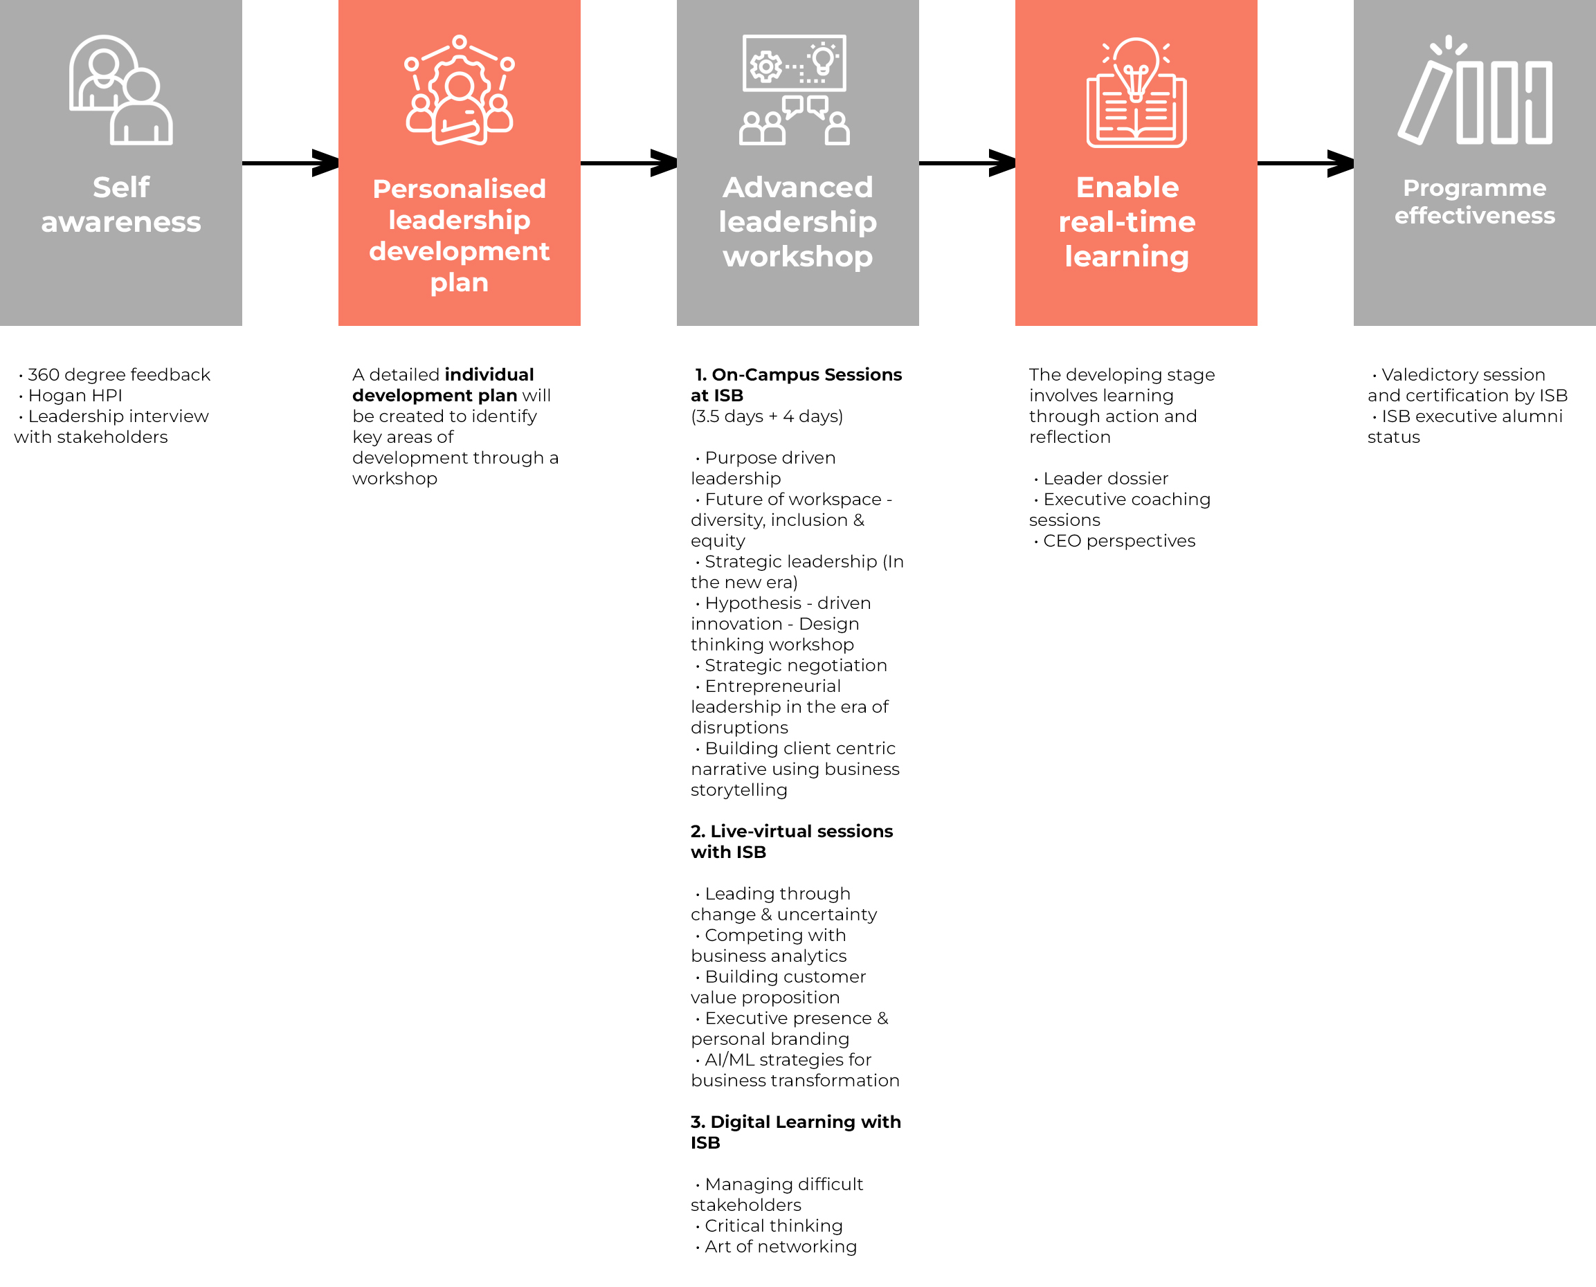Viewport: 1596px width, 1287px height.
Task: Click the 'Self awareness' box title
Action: pyautogui.click(x=121, y=204)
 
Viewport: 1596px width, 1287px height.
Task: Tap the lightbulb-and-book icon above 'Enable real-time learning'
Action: pyautogui.click(x=1136, y=92)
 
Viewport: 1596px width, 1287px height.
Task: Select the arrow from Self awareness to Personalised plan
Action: pyautogui.click(x=291, y=163)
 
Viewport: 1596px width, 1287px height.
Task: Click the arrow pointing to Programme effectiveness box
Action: pyautogui.click(x=1305, y=163)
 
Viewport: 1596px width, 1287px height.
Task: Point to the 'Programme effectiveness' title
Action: pyautogui.click(x=1474, y=201)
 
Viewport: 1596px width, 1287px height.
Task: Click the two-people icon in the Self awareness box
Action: pyautogui.click(x=121, y=90)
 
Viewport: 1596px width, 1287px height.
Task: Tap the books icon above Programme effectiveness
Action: pyautogui.click(x=1474, y=90)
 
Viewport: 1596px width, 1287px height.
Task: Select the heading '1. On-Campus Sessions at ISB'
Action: pyautogui.click(x=797, y=385)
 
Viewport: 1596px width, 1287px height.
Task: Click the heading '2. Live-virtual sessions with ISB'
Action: pyautogui.click(x=792, y=841)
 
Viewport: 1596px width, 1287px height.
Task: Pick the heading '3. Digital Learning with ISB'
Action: pyautogui.click(x=796, y=1132)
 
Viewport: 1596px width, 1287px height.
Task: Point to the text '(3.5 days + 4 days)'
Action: pyautogui.click(x=767, y=416)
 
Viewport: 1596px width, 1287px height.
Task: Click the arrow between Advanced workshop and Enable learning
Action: pyautogui.click(x=967, y=163)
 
